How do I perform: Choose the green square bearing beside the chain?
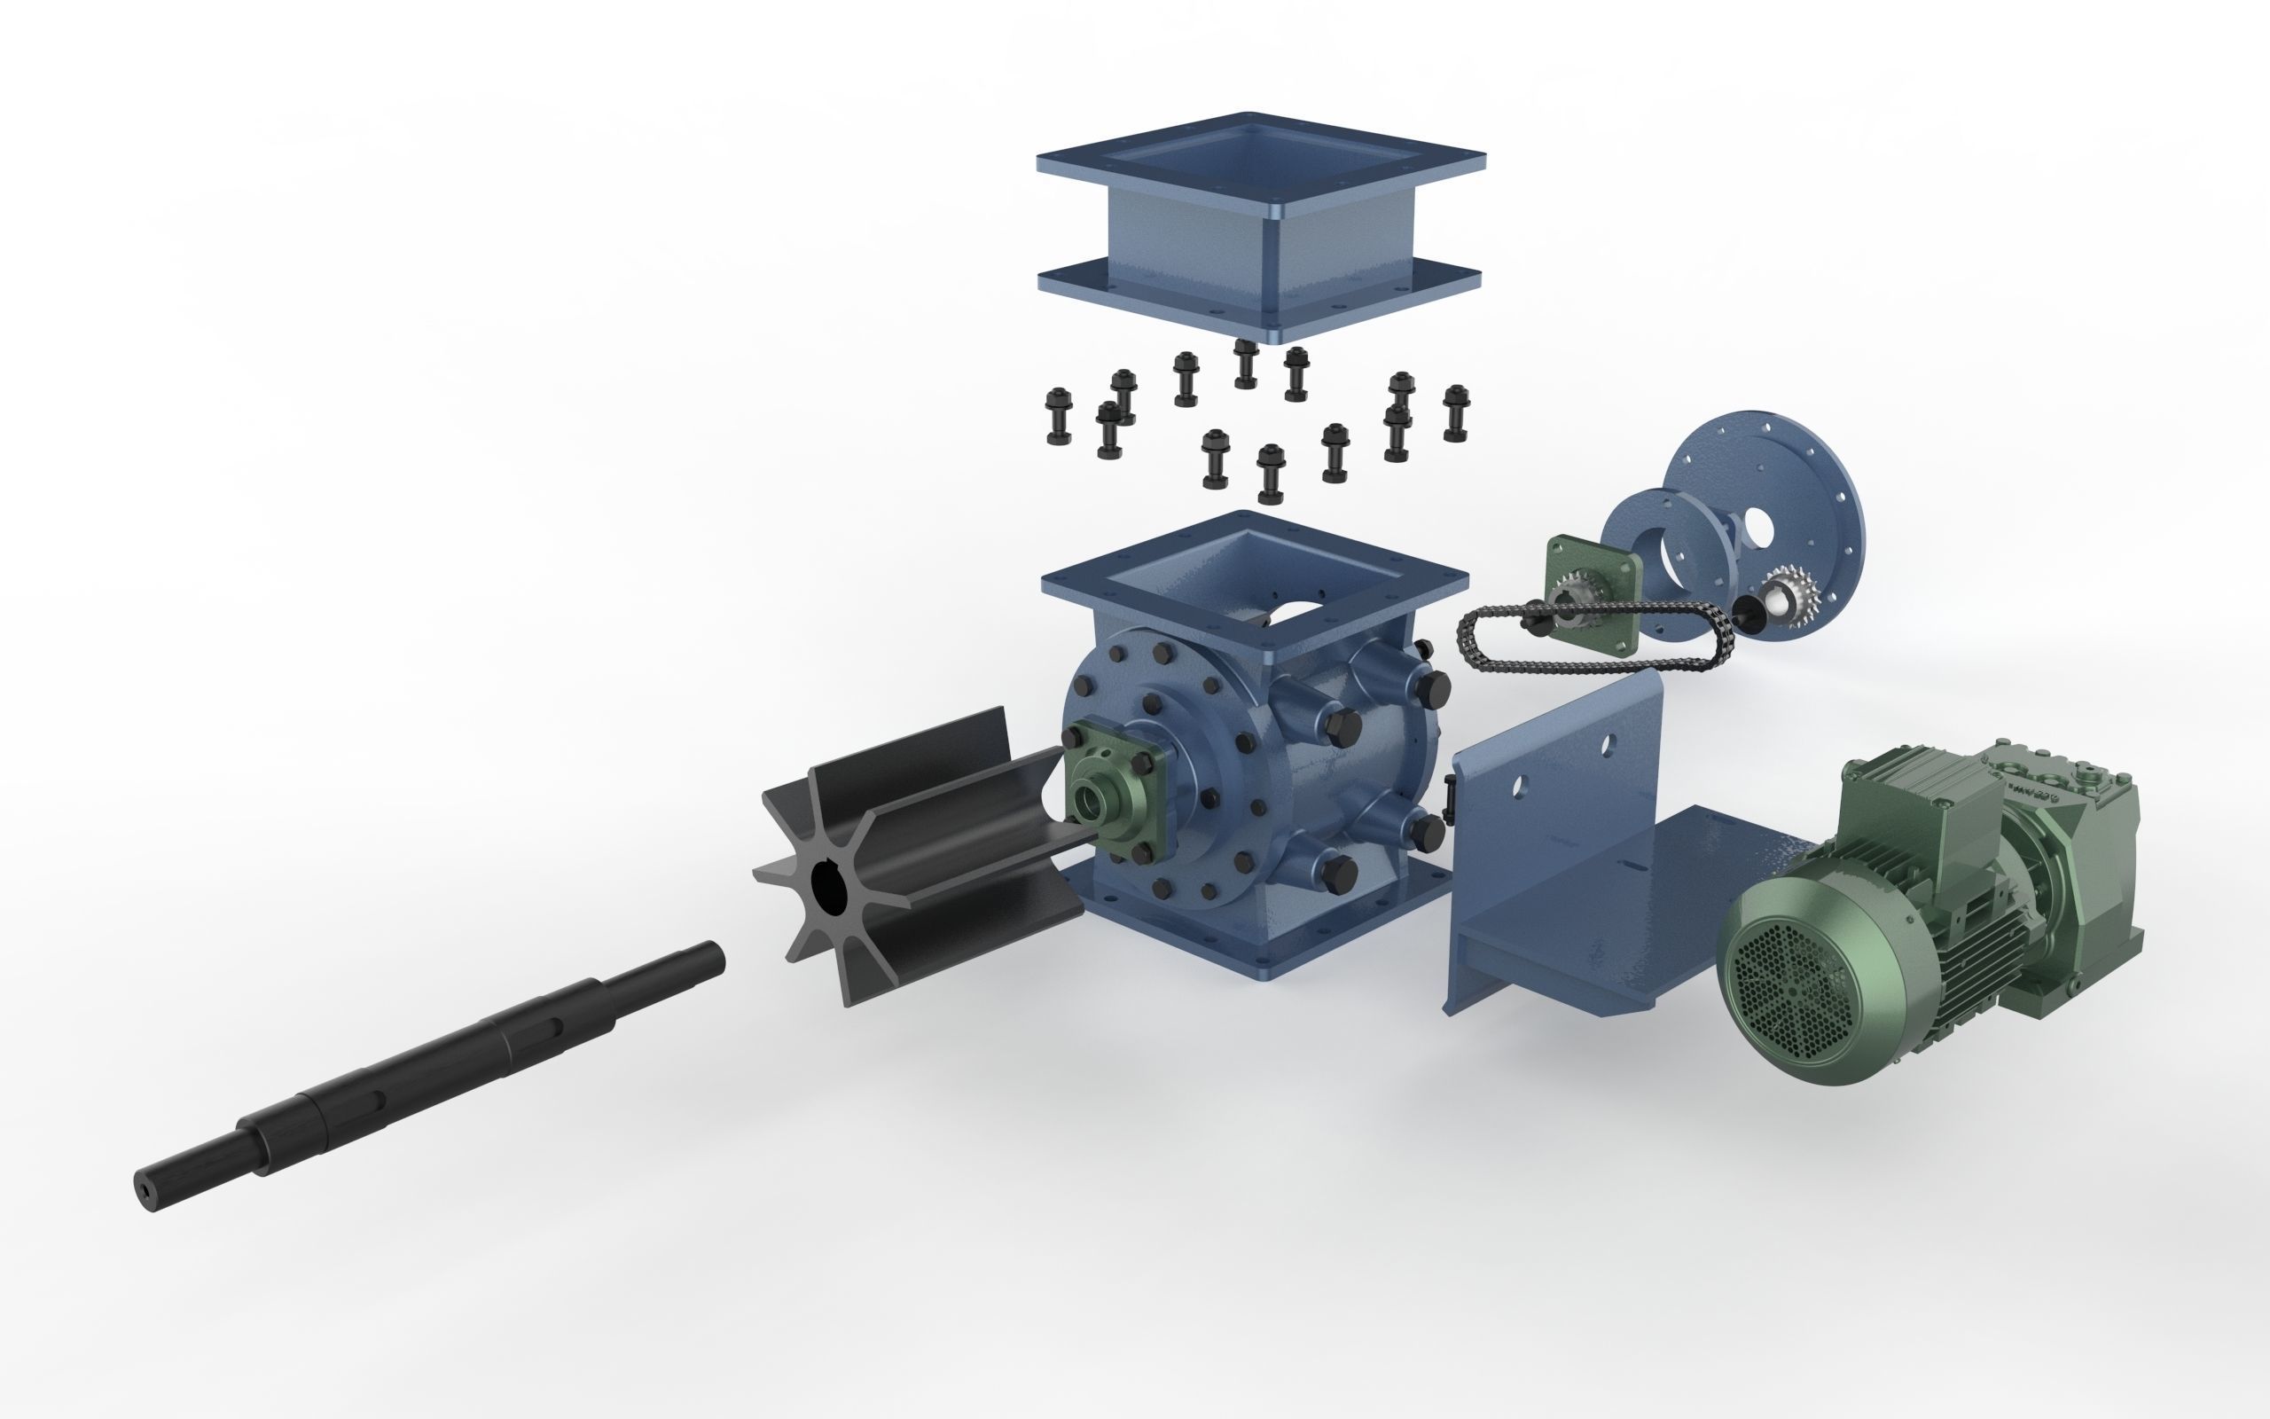point(1594,582)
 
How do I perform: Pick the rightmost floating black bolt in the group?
point(1456,413)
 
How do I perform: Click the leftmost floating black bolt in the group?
point(1058,418)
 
